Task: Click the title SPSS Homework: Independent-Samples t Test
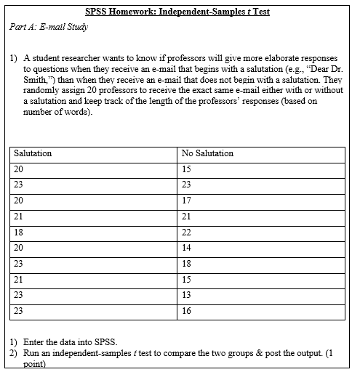(180, 12)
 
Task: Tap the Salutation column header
(33, 153)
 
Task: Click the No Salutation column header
(207, 153)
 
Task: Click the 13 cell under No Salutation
(187, 294)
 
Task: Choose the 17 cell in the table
(187, 200)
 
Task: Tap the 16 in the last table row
(187, 310)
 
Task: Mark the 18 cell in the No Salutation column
(187, 263)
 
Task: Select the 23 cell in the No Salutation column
(187, 184)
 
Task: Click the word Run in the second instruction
(32, 352)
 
